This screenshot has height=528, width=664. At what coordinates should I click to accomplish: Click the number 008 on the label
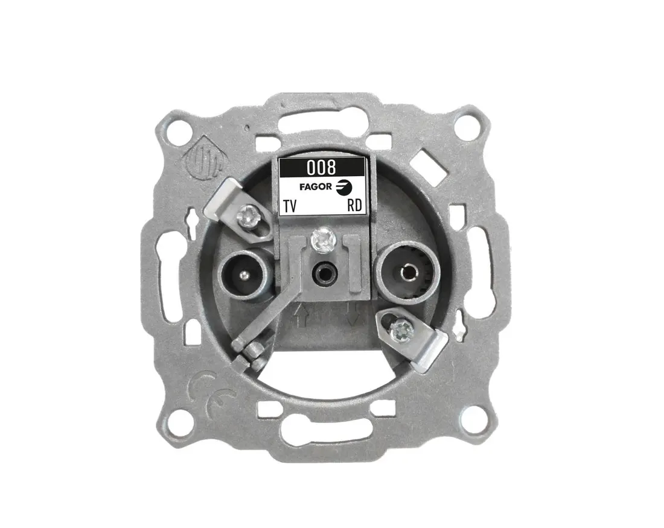pos(321,168)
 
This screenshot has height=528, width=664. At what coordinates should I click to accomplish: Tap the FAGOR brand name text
pos(316,186)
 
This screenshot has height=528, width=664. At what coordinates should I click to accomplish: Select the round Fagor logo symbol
pos(344,187)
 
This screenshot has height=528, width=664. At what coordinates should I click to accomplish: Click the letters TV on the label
pos(290,206)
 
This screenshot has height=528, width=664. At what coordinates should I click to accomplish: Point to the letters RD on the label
pos(354,205)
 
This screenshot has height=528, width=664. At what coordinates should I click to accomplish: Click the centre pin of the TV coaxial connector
pos(243,276)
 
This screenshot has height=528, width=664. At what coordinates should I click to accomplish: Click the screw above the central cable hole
pos(323,241)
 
